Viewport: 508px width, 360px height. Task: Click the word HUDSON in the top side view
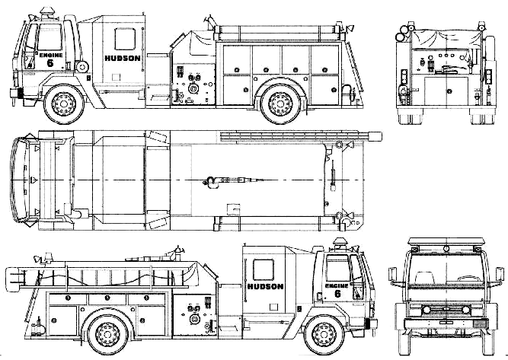(x=123, y=59)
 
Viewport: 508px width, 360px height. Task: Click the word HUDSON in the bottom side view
(x=265, y=286)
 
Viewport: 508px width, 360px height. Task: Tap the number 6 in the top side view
(x=50, y=63)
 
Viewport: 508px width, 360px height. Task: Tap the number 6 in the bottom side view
(x=337, y=294)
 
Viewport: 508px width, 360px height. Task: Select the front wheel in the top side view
(x=63, y=104)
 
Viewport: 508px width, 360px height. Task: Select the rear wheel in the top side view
(x=280, y=104)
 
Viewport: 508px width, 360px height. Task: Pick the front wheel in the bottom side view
(x=325, y=335)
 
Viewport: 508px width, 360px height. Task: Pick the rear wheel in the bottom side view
(x=108, y=335)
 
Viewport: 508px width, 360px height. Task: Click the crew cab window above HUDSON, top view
(x=125, y=39)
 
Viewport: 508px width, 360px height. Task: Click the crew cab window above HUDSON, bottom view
(x=263, y=269)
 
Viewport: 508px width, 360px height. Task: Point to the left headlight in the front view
(x=426, y=310)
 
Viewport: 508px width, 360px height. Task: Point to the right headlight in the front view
(x=465, y=310)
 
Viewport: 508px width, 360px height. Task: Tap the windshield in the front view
(x=446, y=269)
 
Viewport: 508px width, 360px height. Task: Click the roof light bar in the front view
(x=446, y=241)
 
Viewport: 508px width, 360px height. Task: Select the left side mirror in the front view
(x=392, y=274)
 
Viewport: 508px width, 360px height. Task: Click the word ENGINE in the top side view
(x=51, y=55)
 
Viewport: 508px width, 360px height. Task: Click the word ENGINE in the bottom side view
(x=337, y=286)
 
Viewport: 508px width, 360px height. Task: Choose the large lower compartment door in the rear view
(x=446, y=91)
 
